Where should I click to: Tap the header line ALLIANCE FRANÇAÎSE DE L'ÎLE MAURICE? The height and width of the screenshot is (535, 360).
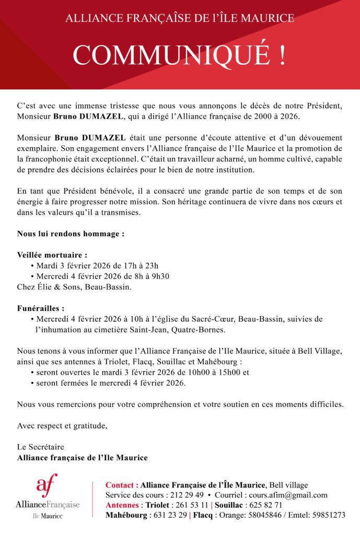click(180, 18)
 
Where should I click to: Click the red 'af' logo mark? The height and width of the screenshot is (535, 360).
click(47, 486)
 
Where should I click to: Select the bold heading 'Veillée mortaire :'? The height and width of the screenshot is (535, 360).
click(52, 255)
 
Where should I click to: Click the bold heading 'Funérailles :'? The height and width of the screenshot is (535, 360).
click(41, 308)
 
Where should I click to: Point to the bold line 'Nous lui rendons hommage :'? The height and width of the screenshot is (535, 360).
click(71, 234)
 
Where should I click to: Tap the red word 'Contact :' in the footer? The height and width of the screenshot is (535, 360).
click(122, 485)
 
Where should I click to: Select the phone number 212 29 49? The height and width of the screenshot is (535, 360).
click(186, 495)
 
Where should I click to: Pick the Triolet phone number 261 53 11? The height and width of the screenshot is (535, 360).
click(191, 505)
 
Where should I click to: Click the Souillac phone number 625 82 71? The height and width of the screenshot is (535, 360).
click(265, 505)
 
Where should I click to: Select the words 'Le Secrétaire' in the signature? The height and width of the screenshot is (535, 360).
click(40, 447)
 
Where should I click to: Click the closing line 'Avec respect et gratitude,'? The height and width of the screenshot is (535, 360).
click(62, 426)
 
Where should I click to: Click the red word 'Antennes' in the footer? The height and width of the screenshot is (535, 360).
click(122, 505)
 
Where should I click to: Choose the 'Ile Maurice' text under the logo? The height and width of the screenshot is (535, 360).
click(48, 516)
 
